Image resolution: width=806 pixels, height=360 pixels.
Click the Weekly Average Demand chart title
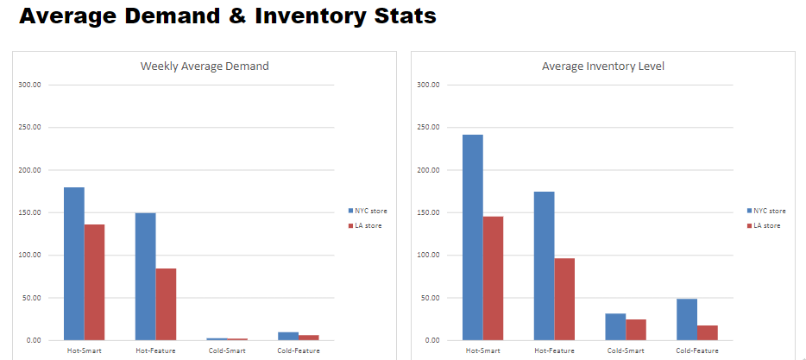point(205,66)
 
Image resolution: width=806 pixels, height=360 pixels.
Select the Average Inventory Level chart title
point(603,66)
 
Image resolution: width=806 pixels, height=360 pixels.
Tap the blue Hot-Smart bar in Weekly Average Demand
point(74,263)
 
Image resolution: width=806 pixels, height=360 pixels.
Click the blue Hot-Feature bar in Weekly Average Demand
point(145,276)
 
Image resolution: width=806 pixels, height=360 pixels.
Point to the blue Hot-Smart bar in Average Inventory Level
point(473,237)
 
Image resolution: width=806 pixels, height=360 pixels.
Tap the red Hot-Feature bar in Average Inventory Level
point(564,299)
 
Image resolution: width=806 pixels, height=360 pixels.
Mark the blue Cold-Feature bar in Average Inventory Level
point(686,319)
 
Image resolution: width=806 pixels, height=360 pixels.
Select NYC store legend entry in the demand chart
point(368,211)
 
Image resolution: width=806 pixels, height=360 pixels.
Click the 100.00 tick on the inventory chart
point(428,256)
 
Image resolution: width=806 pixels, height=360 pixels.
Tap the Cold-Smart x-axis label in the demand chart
point(227,351)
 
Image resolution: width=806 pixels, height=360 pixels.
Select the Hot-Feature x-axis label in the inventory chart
point(554,351)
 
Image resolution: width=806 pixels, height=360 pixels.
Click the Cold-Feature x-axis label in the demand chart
point(299,351)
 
